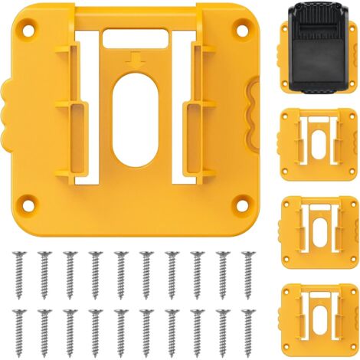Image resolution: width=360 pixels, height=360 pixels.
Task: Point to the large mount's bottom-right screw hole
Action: click(x=243, y=204)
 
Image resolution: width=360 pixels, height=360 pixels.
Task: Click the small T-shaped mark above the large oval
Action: click(x=137, y=60)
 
